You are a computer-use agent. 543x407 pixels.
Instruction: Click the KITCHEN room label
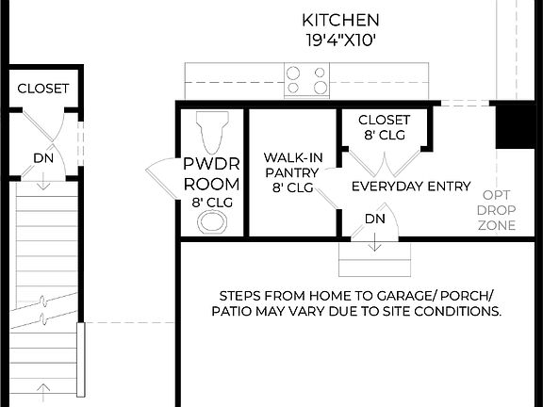(x=340, y=20)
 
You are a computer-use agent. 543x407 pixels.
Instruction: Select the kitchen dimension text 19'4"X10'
(x=340, y=41)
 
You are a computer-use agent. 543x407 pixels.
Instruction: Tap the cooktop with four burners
(x=307, y=79)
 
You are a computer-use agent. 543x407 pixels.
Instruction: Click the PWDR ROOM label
(x=211, y=174)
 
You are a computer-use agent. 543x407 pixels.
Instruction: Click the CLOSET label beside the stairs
(x=43, y=89)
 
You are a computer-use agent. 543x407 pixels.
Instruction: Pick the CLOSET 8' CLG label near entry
(x=384, y=127)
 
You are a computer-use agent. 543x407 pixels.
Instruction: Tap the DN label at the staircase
(x=43, y=158)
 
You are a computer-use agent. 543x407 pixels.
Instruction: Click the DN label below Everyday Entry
(x=375, y=219)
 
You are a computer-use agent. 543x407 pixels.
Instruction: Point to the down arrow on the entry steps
(x=375, y=244)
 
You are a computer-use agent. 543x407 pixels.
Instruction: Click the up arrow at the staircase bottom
(x=43, y=388)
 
